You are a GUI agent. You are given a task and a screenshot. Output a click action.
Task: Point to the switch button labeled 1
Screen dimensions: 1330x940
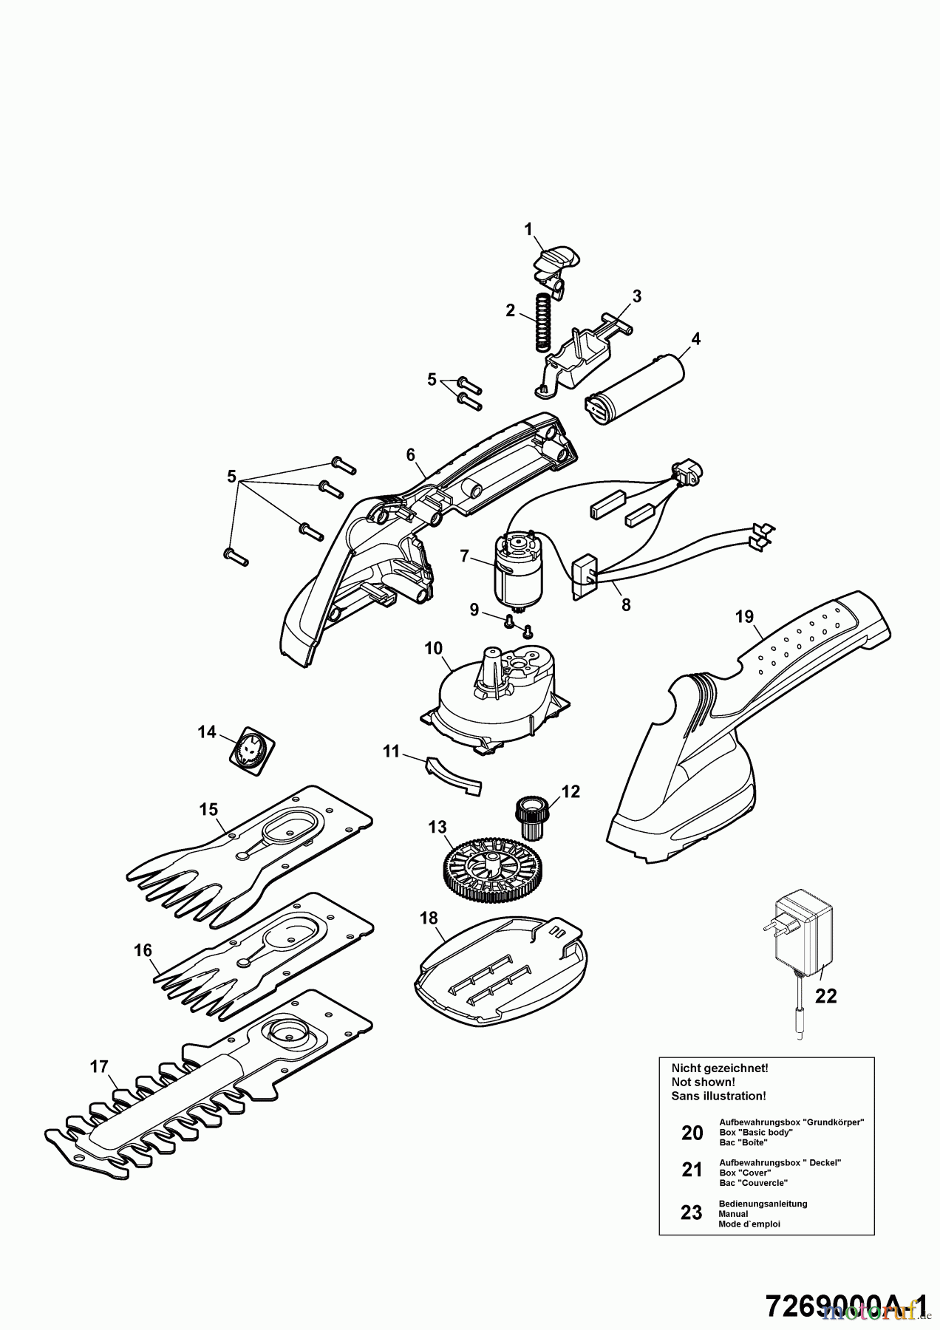point(556,261)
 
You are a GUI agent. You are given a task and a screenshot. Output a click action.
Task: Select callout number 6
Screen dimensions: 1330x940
point(411,455)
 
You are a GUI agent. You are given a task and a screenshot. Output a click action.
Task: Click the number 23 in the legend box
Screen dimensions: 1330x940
point(691,1213)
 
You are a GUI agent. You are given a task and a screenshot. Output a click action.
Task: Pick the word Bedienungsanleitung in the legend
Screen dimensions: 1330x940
point(763,1204)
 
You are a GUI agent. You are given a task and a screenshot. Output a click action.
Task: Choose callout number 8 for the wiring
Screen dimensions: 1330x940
point(626,604)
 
